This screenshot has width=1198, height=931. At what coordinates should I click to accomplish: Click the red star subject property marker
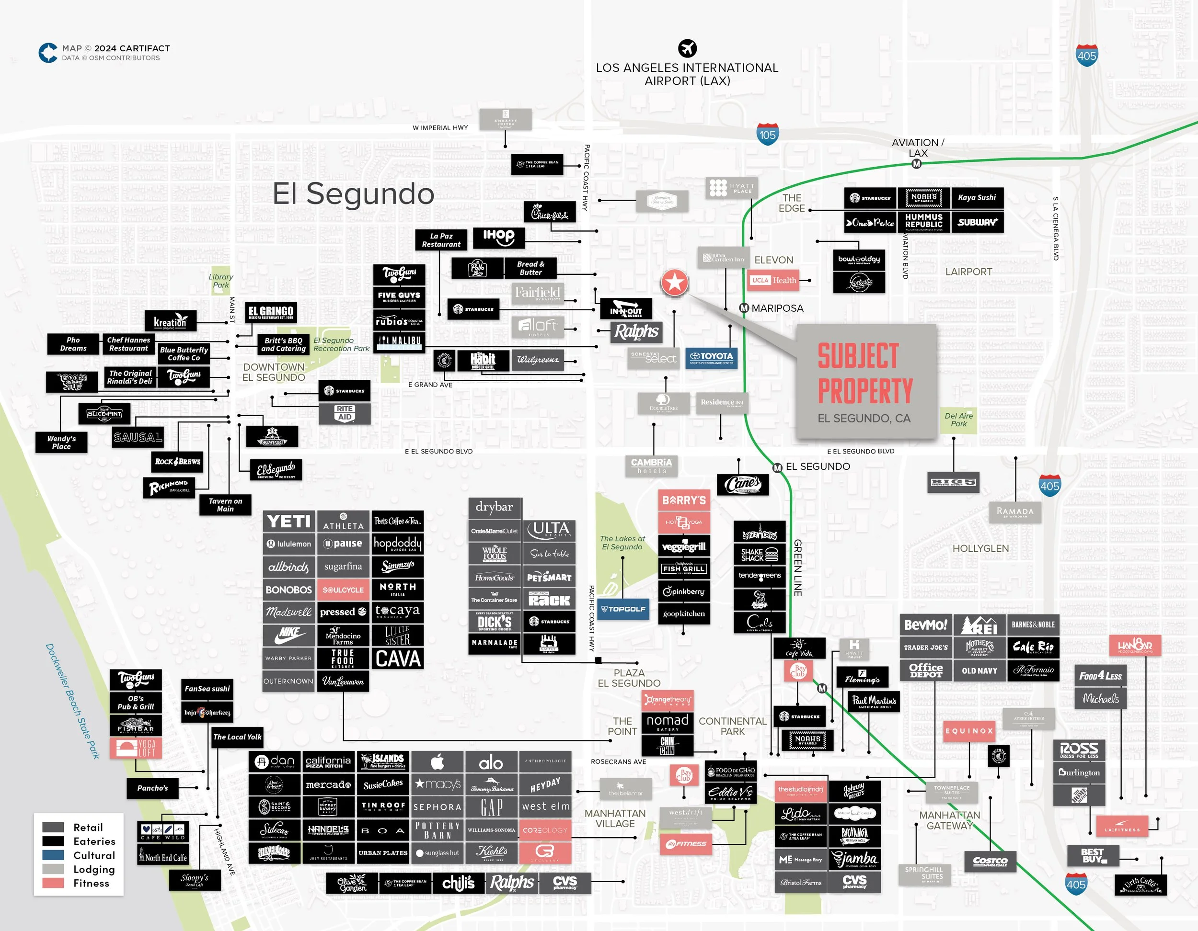pos(675,283)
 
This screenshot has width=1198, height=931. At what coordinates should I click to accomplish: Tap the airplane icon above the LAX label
pos(687,48)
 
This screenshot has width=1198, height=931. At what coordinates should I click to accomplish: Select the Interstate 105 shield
pos(767,134)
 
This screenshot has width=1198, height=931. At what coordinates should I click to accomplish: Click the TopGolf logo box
pos(622,609)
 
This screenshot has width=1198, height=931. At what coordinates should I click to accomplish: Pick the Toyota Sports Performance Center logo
pos(712,357)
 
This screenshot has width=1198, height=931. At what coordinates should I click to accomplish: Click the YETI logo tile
pos(288,522)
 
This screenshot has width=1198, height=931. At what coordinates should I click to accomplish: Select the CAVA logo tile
pos(398,659)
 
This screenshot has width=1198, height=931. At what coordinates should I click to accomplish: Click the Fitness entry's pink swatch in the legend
pos(53,883)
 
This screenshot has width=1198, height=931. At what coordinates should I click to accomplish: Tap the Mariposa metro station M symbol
pos(744,308)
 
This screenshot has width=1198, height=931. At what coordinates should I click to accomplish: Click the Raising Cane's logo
pos(743,484)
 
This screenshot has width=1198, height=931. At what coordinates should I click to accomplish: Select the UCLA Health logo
pos(773,280)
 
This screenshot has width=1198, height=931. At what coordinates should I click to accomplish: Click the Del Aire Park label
pos(958,420)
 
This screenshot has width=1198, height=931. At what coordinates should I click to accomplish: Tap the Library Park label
pos(220,281)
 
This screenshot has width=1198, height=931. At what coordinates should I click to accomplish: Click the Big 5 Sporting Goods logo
pos(953,482)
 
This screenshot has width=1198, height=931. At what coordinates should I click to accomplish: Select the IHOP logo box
pos(499,237)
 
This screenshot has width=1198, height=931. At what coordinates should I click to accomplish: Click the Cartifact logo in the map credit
pos(48,53)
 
